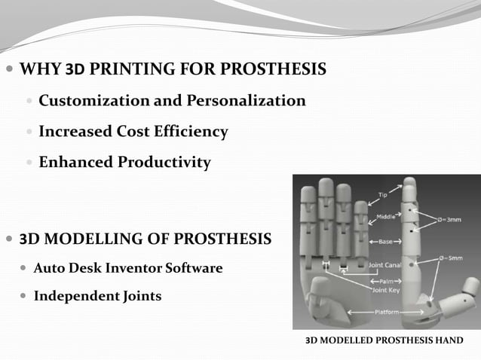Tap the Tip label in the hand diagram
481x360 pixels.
(382, 195)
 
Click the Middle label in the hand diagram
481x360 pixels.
(386, 218)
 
